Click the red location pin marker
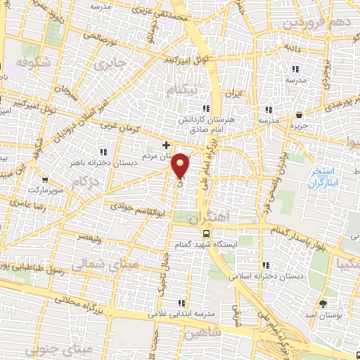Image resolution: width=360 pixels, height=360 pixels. (x=181, y=165)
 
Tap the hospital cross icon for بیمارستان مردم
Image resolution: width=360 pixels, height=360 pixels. (x=166, y=146)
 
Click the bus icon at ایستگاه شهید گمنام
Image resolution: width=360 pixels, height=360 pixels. (x=205, y=233)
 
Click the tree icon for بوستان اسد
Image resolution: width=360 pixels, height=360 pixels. (x=323, y=303)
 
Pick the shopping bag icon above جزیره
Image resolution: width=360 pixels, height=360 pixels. (x=300, y=115)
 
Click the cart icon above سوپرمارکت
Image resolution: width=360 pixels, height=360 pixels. (x=45, y=180)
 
